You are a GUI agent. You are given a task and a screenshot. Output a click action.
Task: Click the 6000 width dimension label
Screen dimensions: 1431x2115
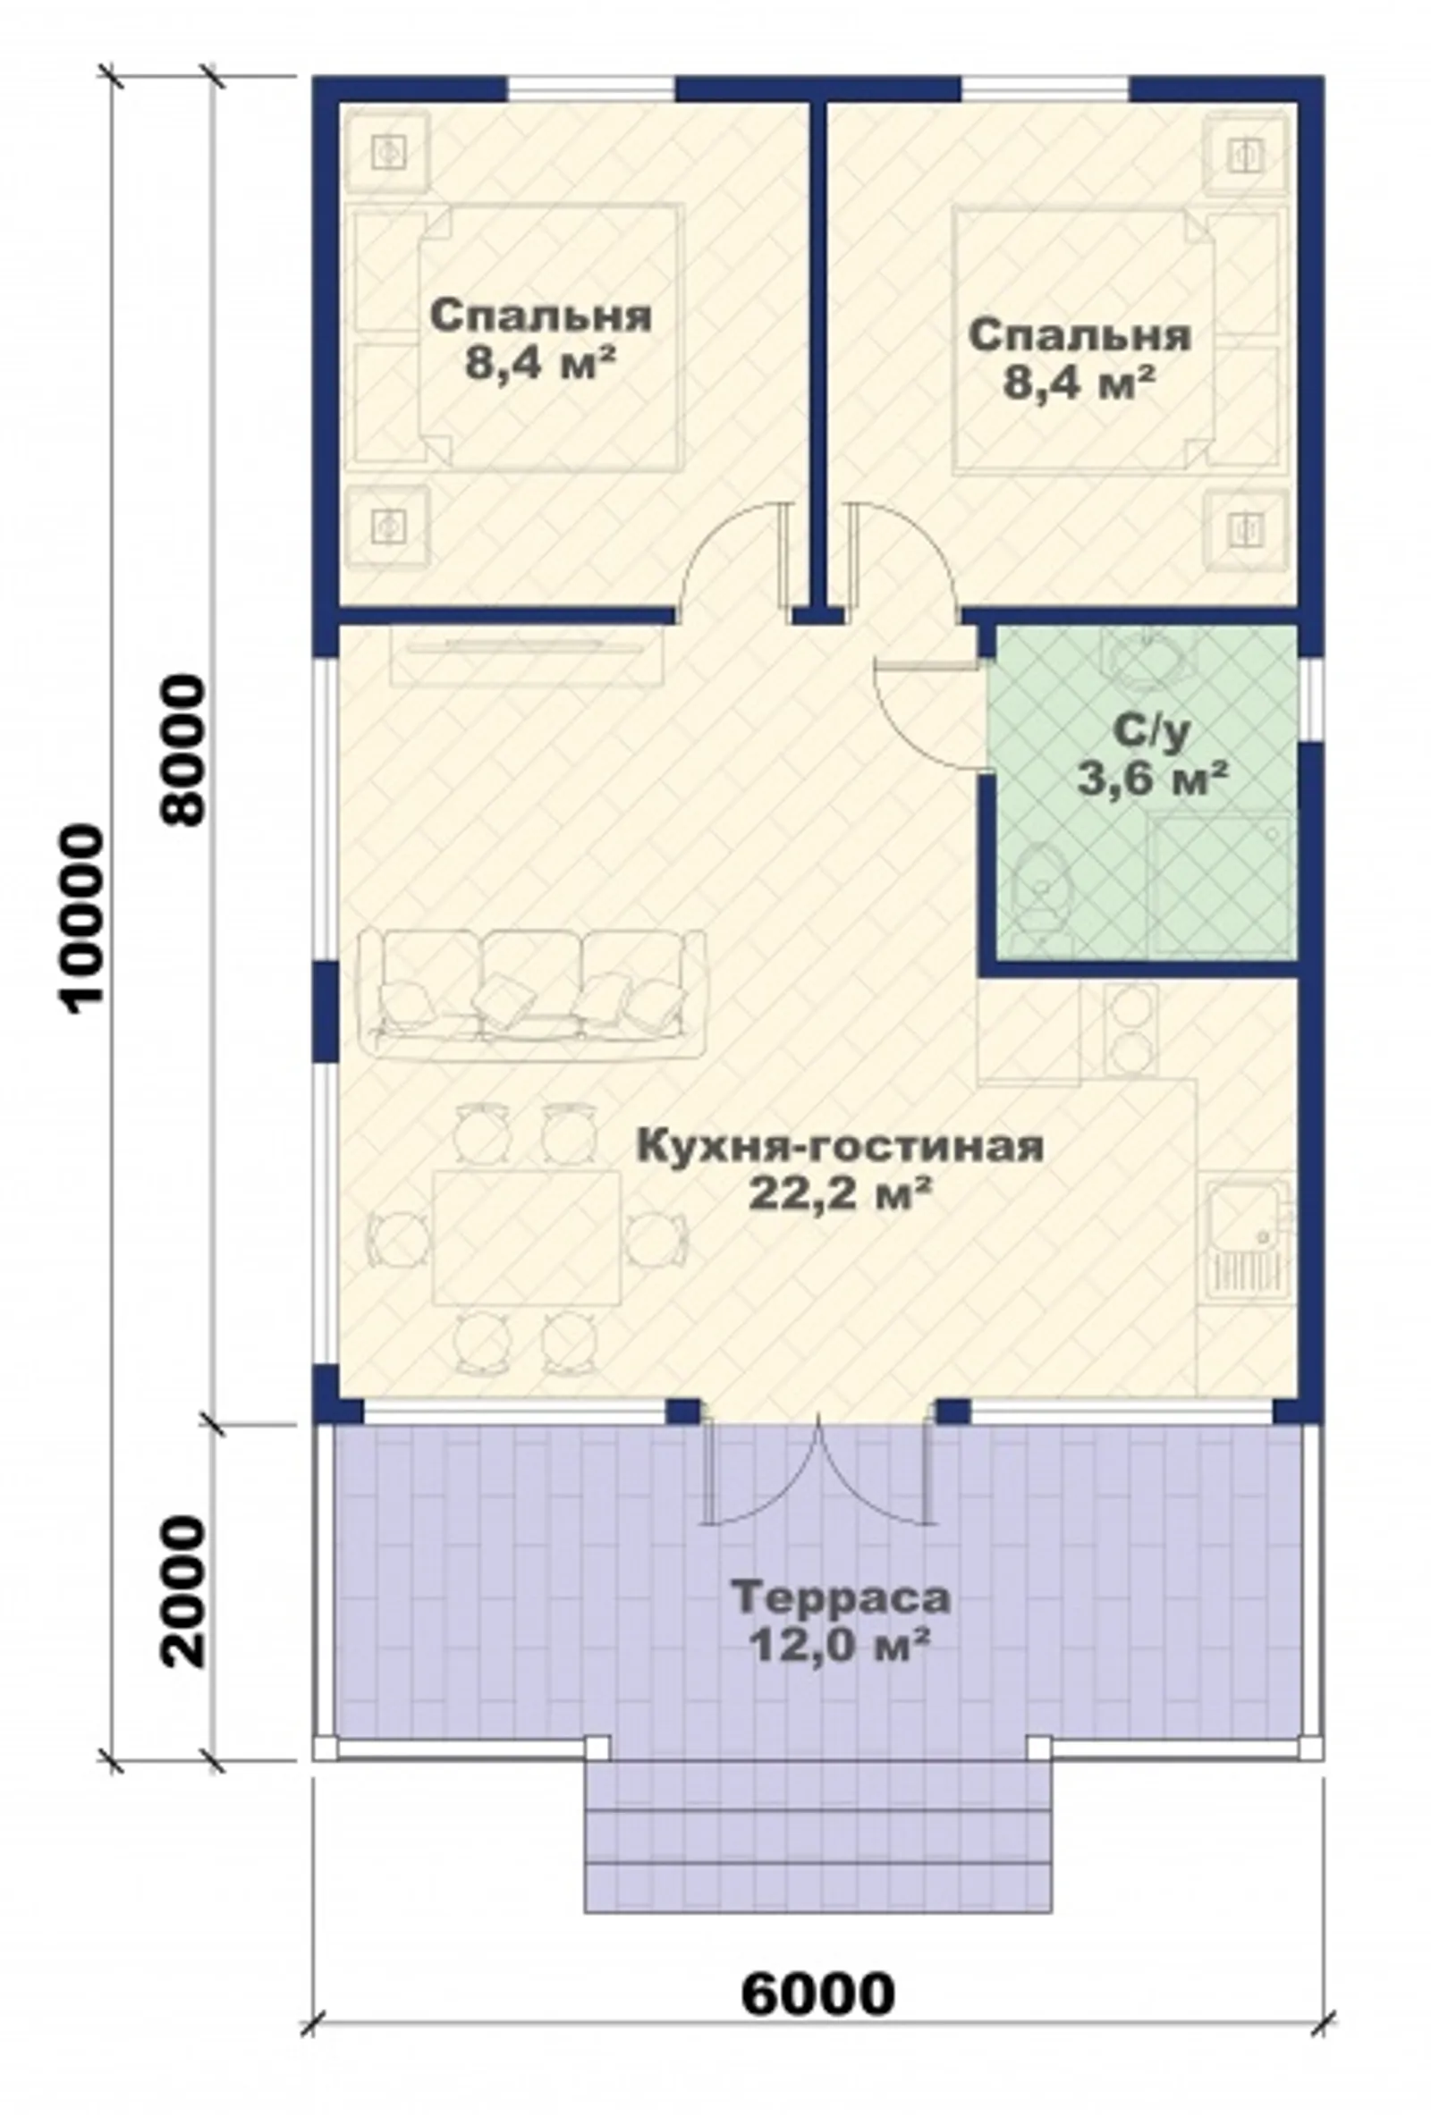tap(817, 1994)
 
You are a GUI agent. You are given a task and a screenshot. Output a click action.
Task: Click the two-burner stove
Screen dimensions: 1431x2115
tap(1130, 1028)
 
